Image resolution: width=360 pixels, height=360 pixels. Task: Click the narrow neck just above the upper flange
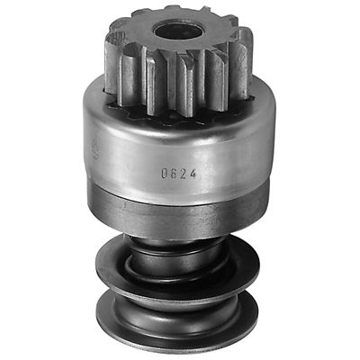180,241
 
